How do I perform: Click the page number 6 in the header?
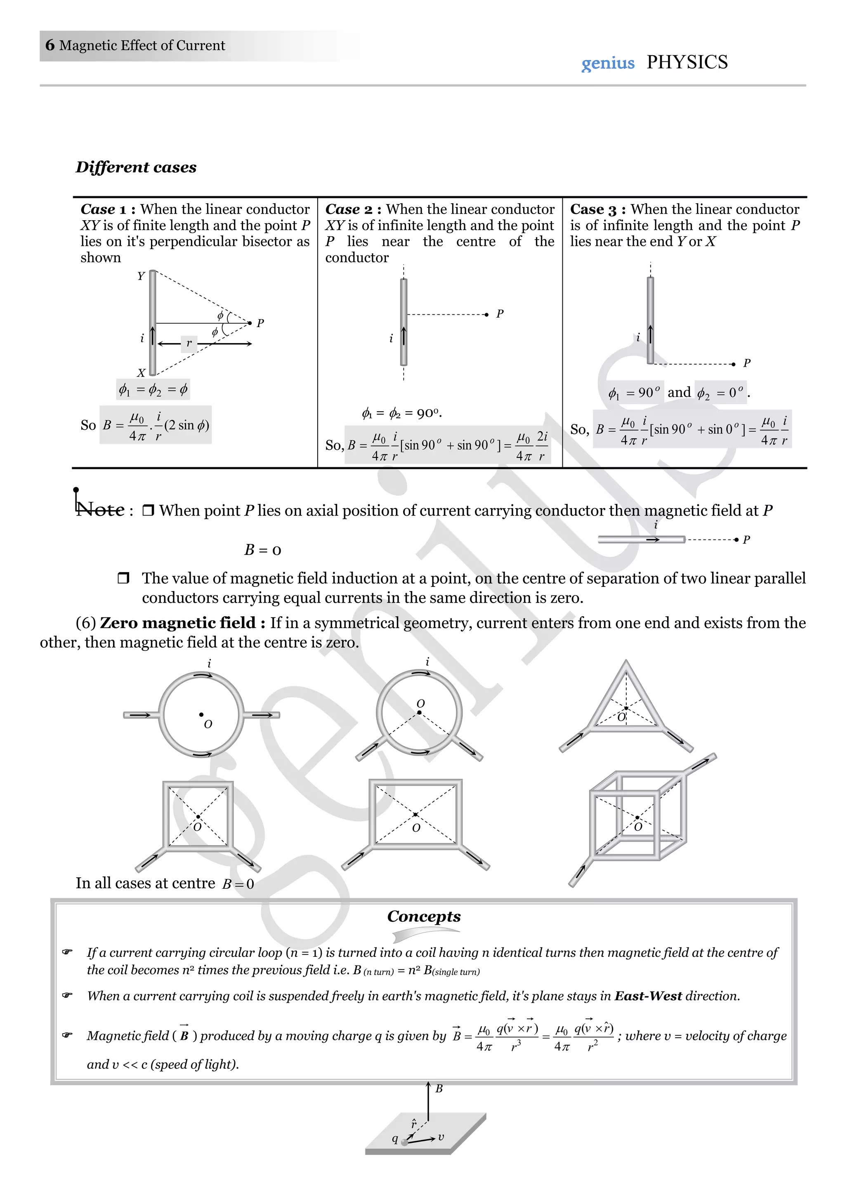pos(50,45)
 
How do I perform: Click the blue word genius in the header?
pos(607,64)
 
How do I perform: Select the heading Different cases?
pos(136,167)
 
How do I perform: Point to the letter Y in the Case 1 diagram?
pos(140,276)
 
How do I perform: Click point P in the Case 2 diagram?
pos(486,315)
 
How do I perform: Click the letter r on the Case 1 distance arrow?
pos(189,343)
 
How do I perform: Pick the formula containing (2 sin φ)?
pos(156,425)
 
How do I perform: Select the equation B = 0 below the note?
pos(263,550)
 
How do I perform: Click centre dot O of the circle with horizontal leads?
pos(201,714)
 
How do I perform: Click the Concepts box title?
pos(424,916)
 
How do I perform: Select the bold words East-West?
pos(648,996)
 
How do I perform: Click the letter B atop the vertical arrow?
pos(439,1088)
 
